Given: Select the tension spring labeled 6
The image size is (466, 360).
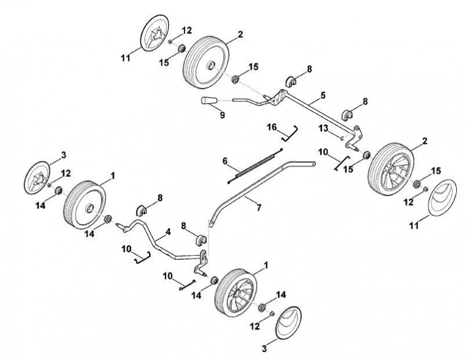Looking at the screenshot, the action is coord(255,165).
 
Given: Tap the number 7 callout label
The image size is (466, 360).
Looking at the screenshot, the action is coord(259,208).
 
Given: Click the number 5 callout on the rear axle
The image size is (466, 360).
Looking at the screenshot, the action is coord(323,96).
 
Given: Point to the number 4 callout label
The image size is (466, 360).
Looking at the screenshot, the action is coord(168,232).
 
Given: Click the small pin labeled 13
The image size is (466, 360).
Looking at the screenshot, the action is coord(343,137).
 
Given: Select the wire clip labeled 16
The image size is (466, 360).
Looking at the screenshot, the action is coord(290,133).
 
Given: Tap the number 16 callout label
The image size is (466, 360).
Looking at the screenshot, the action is coord(271,127).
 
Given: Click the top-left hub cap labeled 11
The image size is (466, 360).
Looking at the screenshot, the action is coord(154,33).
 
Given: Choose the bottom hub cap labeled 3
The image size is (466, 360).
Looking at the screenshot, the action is coord(288,322).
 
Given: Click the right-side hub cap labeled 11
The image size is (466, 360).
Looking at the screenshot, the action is coord(442,197).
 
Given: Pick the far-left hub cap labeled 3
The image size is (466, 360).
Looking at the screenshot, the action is coord(37,178).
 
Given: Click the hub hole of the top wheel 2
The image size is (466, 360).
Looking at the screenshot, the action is coord(211,65).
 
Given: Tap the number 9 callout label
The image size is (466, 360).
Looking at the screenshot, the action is coord(223,115).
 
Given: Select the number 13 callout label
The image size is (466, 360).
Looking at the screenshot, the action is coord(323,128).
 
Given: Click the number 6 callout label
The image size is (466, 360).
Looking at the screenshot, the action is coord(225,161).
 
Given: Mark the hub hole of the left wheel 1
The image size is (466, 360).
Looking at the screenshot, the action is coord(89,209).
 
